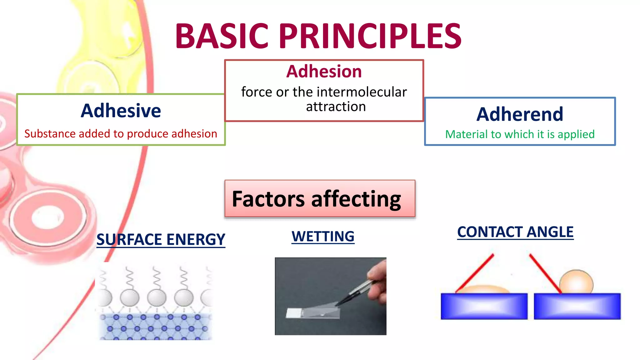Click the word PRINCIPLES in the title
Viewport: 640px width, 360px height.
(370, 36)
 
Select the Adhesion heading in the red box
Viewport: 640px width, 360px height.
(324, 72)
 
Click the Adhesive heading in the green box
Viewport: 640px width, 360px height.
(121, 111)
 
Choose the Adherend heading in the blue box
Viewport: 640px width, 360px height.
(520, 114)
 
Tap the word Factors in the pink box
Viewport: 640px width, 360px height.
(268, 199)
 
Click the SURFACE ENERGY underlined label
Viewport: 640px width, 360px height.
(161, 240)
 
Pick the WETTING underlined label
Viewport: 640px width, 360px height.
(323, 237)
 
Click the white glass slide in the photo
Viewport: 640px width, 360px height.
(294, 313)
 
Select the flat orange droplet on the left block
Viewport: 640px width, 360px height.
(483, 289)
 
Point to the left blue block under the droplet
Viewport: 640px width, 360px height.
(484, 306)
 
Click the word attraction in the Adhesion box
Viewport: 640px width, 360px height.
(336, 107)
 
